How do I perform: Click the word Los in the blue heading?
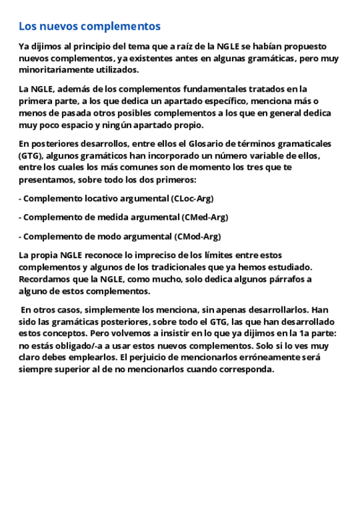[x=27, y=27]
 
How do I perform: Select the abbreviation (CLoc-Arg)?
[x=192, y=199]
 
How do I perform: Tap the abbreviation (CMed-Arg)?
[x=205, y=217]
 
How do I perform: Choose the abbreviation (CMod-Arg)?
[x=198, y=236]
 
